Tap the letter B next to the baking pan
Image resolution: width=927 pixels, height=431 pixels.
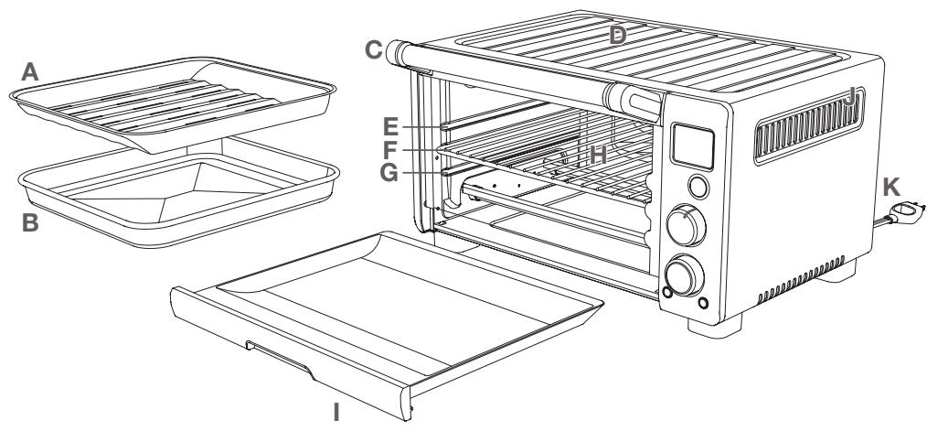29,223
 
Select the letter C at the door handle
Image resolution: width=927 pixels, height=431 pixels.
372,50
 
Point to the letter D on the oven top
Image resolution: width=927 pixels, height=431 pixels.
619,36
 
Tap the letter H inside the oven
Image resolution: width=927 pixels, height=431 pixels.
598,156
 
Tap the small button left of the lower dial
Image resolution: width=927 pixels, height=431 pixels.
666,293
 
